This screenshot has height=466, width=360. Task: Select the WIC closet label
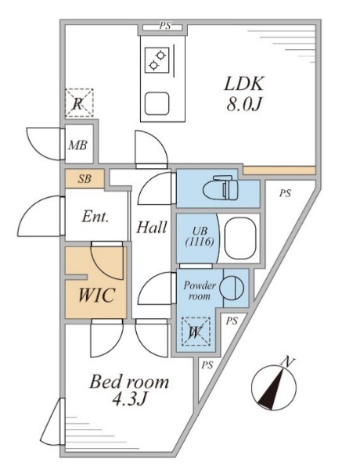95,296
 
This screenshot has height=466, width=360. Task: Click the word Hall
151,228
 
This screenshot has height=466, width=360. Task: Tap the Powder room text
199,290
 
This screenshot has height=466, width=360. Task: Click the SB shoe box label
85,179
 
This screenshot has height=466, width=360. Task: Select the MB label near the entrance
77,145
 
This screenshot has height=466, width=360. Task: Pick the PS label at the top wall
164,26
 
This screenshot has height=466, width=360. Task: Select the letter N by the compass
289,361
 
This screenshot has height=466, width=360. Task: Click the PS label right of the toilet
284,193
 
